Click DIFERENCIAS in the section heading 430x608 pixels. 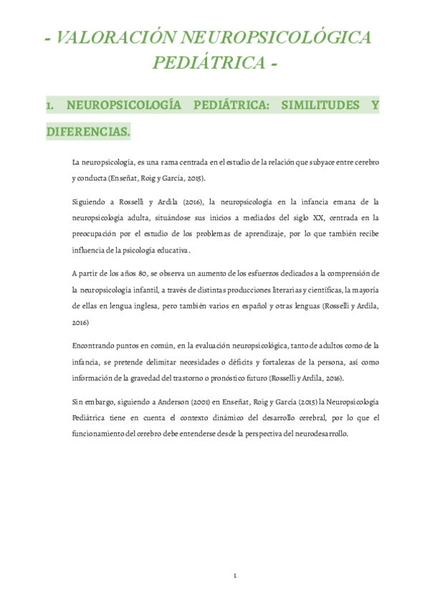[87, 132]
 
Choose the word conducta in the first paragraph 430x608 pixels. [90, 178]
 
